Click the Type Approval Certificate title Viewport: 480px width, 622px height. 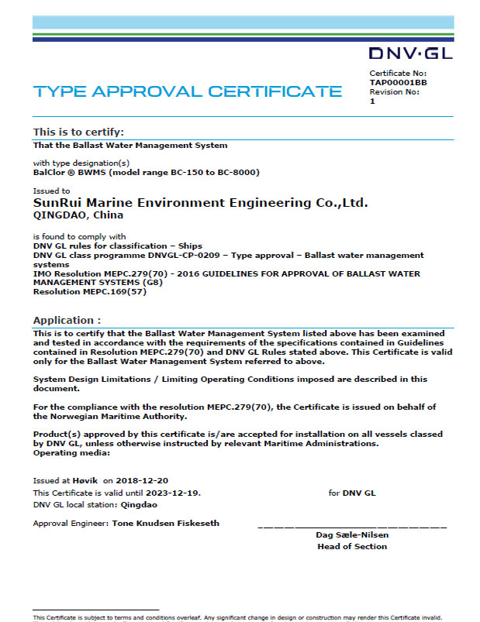click(188, 91)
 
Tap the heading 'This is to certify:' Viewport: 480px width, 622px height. click(78, 132)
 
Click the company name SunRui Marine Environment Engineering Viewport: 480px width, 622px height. click(200, 202)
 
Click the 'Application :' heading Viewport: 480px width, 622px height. click(67, 320)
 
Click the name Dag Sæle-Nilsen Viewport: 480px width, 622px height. click(352, 535)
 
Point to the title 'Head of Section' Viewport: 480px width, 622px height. click(352, 546)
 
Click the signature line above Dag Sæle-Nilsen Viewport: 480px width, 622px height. click(352, 527)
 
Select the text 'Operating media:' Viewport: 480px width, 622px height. click(72, 453)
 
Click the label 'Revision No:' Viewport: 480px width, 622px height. click(394, 91)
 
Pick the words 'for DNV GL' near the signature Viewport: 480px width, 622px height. click(352, 493)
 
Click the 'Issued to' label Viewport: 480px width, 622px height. click(51, 190)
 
